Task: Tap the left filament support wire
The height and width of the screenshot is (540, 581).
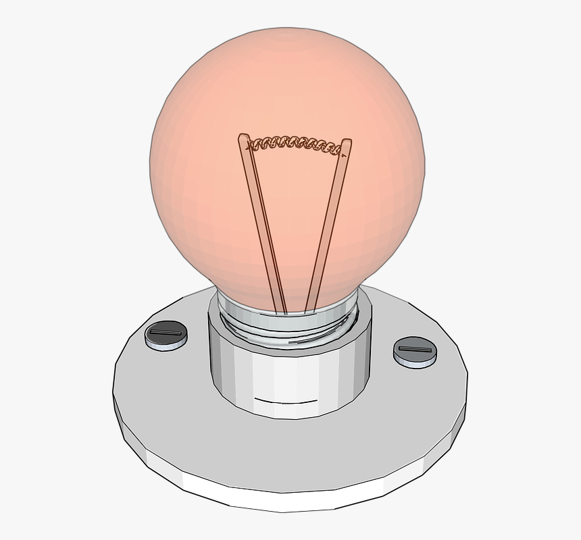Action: pos(261,223)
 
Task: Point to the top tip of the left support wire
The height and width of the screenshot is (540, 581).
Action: pos(243,138)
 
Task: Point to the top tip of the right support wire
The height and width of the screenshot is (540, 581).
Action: pos(347,142)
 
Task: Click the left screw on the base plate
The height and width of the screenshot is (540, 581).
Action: pos(166,335)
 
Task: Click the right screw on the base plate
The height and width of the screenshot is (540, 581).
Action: pos(415,352)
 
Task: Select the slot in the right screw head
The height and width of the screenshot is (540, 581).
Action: pos(415,349)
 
